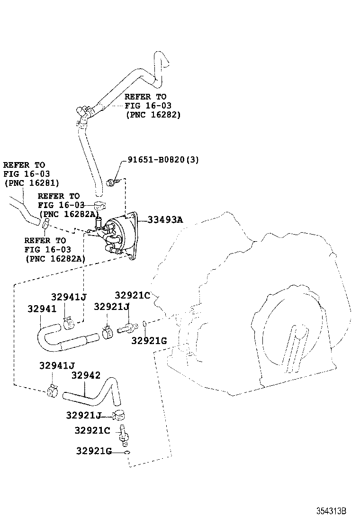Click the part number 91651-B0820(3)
coord(163,160)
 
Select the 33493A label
coord(165,220)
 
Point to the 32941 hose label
coord(42,309)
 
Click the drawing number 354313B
coord(332,511)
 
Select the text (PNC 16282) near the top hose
coord(153,115)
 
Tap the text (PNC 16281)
coord(31,182)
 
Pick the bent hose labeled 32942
coord(95,395)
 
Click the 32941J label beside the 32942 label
coord(57,365)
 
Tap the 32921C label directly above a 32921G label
coord(132,295)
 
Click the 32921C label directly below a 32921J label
coord(92,430)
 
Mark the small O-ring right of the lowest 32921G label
coord(127,453)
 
